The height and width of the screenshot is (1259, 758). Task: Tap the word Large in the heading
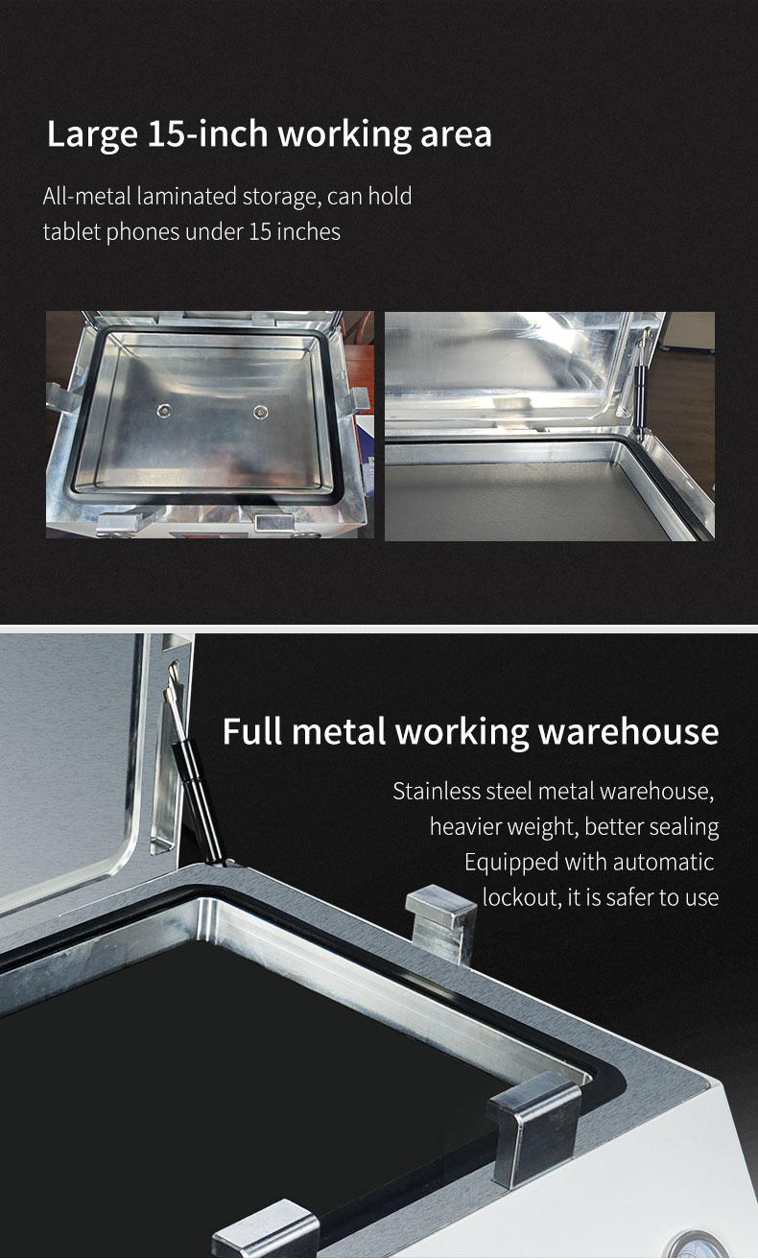click(92, 135)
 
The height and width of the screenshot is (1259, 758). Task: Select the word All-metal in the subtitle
click(87, 197)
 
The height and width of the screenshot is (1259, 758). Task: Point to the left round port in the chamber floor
click(164, 411)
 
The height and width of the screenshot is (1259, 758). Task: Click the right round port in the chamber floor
click(261, 412)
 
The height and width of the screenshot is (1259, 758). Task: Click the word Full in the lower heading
click(251, 731)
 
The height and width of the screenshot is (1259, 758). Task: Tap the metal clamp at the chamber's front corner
click(533, 1128)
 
